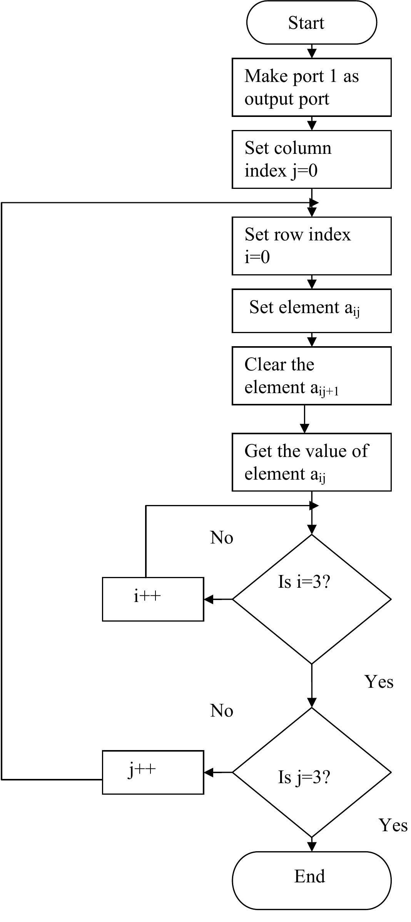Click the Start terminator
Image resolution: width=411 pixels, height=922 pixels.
[311, 22]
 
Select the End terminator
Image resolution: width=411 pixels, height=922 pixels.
[311, 880]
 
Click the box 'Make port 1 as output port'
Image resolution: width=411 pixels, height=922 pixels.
[311, 87]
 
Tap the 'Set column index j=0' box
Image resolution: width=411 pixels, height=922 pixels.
[311, 159]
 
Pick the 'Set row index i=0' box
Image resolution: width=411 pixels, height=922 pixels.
[311, 246]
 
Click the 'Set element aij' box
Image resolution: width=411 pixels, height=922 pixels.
[311, 311]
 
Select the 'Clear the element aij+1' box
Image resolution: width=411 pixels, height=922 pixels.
[311, 376]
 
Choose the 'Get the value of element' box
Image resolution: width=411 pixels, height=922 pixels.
[311, 462]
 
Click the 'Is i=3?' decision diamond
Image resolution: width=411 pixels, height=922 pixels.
[311, 599]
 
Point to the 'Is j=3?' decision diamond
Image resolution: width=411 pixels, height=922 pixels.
[311, 772]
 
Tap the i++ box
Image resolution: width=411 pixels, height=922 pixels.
[153, 599]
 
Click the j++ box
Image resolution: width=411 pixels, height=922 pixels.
[153, 772]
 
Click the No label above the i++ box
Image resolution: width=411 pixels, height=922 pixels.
[222, 538]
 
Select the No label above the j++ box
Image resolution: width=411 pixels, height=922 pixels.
[222, 711]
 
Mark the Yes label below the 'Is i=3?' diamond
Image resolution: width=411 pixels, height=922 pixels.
[379, 682]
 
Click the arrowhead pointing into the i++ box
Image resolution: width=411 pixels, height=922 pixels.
[209, 599]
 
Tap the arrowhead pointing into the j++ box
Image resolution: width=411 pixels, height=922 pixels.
[209, 772]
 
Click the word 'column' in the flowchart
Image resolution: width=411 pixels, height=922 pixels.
[307, 148]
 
